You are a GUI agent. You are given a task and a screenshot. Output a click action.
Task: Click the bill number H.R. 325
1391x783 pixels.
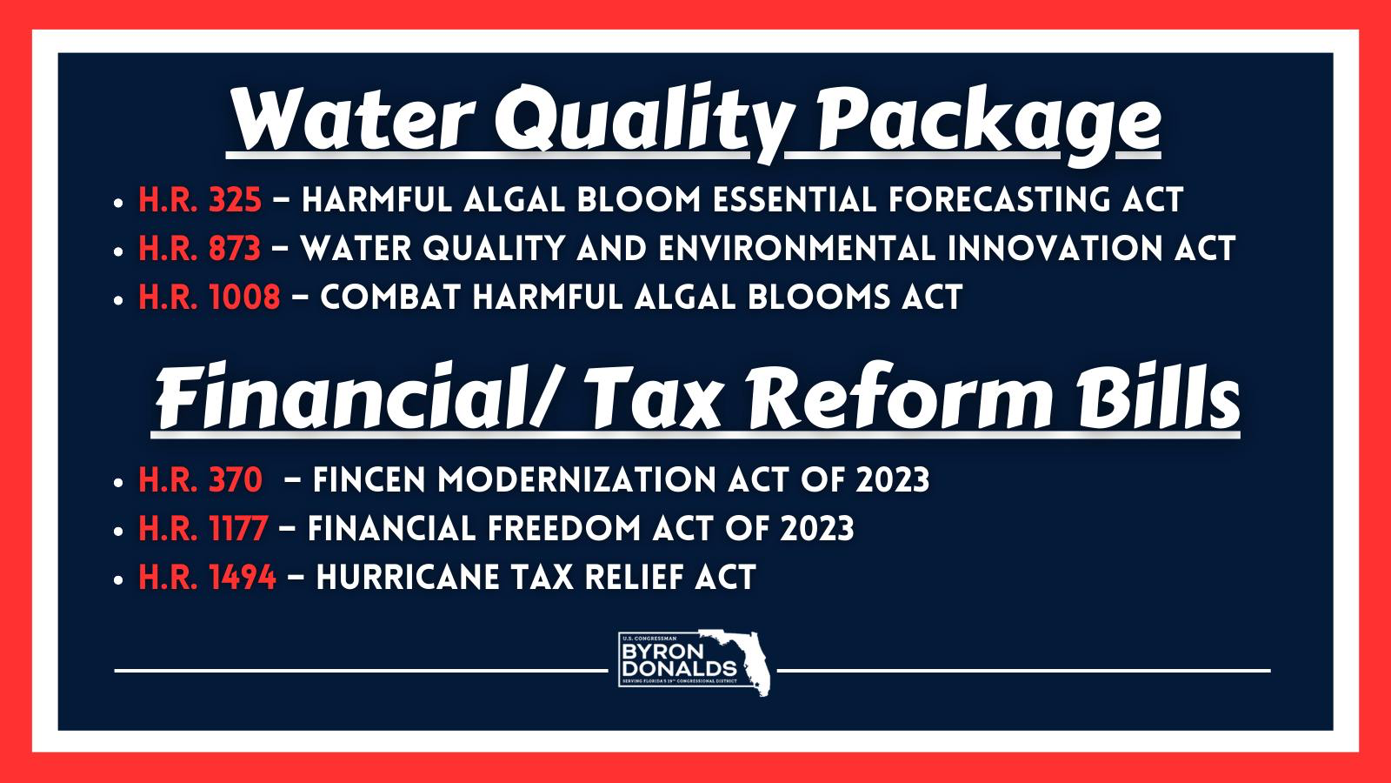tap(200, 200)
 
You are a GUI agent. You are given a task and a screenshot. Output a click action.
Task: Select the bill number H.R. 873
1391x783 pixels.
tap(199, 249)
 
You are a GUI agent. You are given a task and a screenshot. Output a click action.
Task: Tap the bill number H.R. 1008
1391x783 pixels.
tap(210, 297)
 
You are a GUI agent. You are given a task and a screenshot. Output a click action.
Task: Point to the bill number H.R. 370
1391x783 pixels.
tap(201, 480)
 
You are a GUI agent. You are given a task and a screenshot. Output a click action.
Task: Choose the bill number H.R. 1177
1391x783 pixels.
tap(203, 529)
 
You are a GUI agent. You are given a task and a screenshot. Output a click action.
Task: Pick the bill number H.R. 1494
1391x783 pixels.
tap(208, 578)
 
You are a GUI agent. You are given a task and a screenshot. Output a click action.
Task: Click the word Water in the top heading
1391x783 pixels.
tap(353, 118)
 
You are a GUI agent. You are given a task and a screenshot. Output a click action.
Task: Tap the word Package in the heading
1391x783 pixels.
tap(988, 124)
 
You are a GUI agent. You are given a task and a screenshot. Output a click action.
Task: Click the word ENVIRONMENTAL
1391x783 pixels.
tap(797, 249)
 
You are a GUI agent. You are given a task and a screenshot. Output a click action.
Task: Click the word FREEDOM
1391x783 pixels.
tap(564, 529)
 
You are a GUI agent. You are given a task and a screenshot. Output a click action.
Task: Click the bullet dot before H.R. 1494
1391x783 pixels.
tap(118, 579)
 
